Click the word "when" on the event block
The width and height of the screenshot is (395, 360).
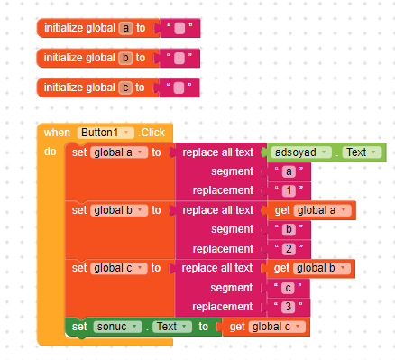pos(57,133)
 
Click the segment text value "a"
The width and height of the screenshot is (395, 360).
pos(288,171)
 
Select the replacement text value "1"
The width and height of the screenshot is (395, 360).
pos(288,191)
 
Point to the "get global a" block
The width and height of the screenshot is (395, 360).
pos(308,210)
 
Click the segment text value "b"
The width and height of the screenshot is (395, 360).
pos(288,229)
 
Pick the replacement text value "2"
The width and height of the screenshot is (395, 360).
pos(288,249)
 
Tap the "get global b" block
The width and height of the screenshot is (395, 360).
pos(308,268)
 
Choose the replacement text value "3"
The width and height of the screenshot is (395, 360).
pos(288,307)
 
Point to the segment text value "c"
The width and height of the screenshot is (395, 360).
pos(288,287)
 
